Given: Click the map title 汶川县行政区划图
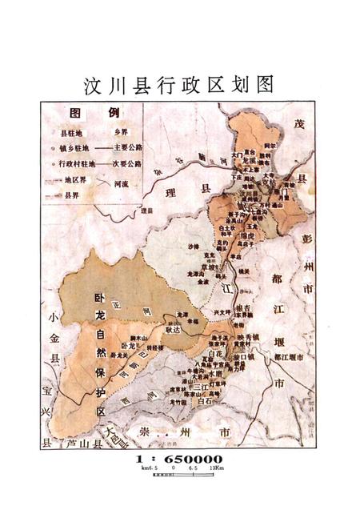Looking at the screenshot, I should pyautogui.click(x=179, y=84).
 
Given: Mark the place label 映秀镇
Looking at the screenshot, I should pyautogui.click(x=250, y=337).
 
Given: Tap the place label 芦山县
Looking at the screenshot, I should pyautogui.click(x=73, y=444).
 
